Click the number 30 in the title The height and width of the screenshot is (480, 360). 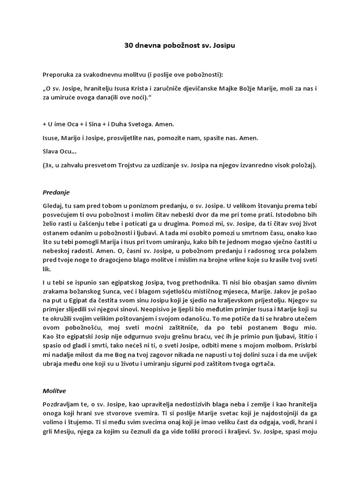point(128,46)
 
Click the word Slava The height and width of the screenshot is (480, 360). point(51,151)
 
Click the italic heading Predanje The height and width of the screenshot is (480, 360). point(56,192)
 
